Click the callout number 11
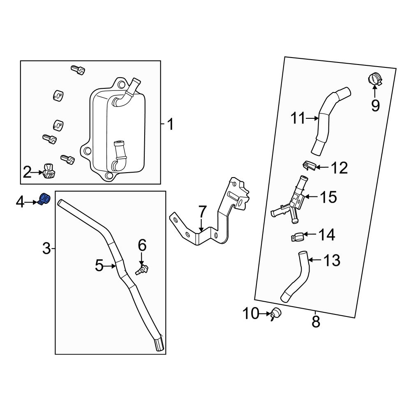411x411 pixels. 298,118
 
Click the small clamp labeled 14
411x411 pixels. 297,237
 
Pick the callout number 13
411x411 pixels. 332,260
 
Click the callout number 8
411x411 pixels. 316,322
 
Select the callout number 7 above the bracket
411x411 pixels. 202,212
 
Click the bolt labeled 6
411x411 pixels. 142,270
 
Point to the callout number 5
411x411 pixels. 99,266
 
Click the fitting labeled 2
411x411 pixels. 48,172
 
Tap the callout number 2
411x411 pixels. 27,172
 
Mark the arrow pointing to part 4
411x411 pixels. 32,202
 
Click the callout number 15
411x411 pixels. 328,197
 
